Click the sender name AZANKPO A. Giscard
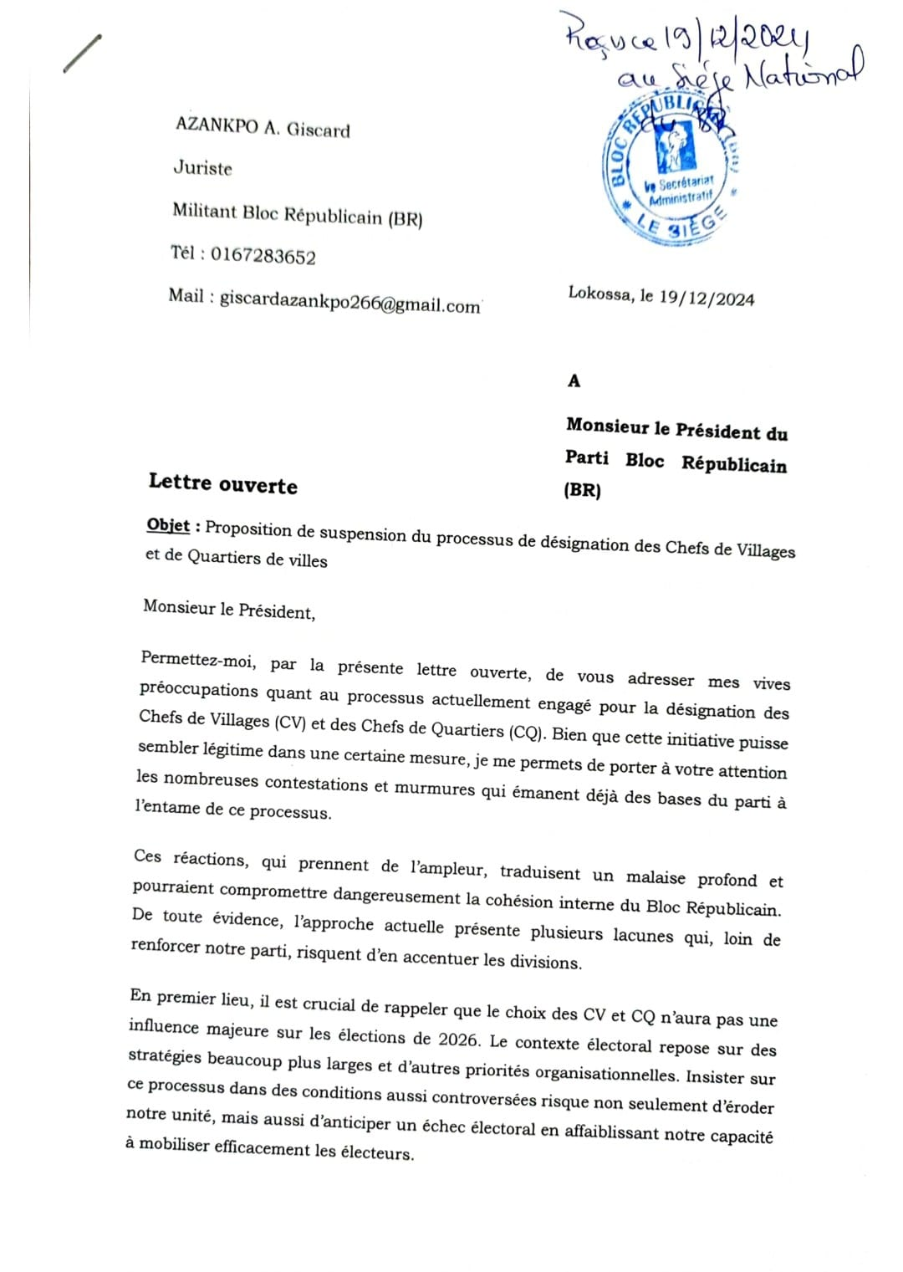(263, 127)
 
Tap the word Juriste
(202, 167)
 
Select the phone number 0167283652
(263, 255)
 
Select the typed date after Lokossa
(707, 299)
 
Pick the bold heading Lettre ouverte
(223, 483)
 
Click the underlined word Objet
(168, 524)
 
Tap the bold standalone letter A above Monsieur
(574, 381)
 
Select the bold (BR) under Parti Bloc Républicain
(582, 490)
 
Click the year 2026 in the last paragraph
(458, 1040)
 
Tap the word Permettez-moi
(198, 660)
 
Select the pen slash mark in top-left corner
(82, 54)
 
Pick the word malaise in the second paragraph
(656, 877)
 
